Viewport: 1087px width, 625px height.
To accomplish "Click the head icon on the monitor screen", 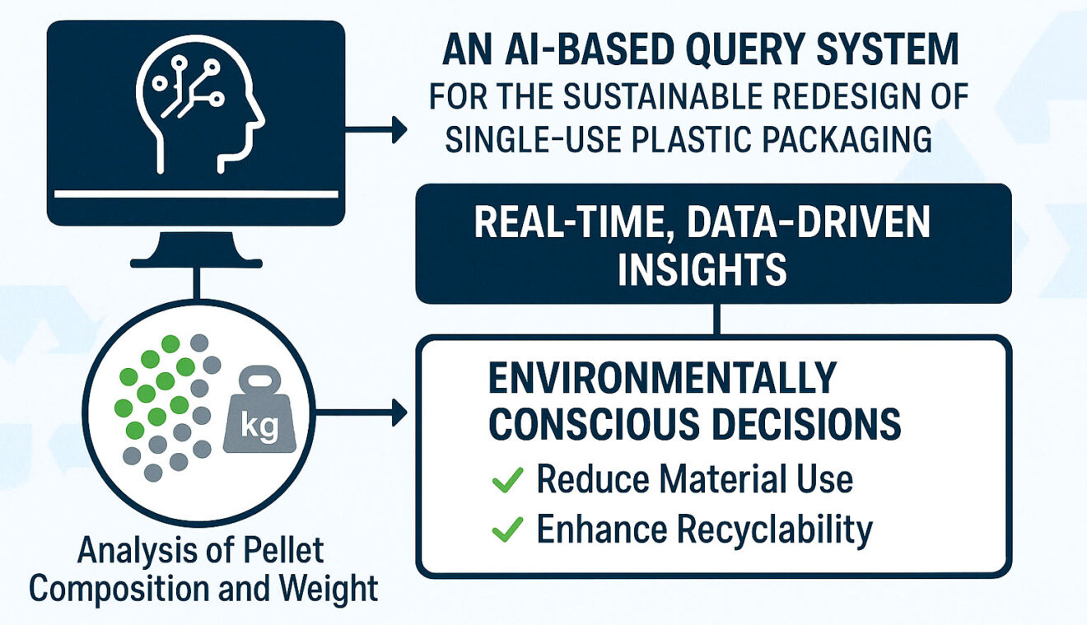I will click(x=198, y=107).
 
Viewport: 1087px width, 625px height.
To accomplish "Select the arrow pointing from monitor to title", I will click(x=376, y=129).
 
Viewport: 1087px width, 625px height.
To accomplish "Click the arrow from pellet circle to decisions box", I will click(x=362, y=413).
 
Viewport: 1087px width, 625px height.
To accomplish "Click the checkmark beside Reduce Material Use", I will click(x=508, y=479).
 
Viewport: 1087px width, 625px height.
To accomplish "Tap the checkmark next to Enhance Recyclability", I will click(x=508, y=531).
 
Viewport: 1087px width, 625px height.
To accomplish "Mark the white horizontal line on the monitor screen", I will click(x=196, y=194).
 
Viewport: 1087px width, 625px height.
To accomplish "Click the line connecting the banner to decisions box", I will click(x=715, y=319).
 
